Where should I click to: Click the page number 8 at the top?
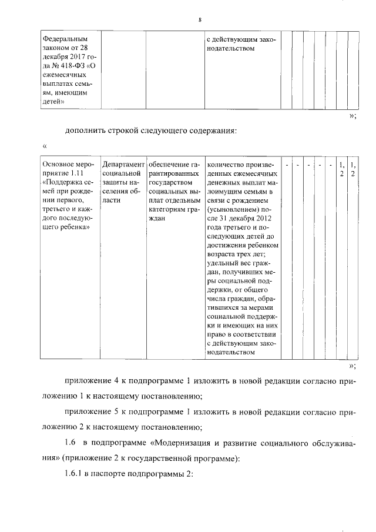(x=200, y=21)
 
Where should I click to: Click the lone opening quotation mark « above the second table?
(x=45, y=145)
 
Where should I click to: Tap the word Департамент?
(x=123, y=165)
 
